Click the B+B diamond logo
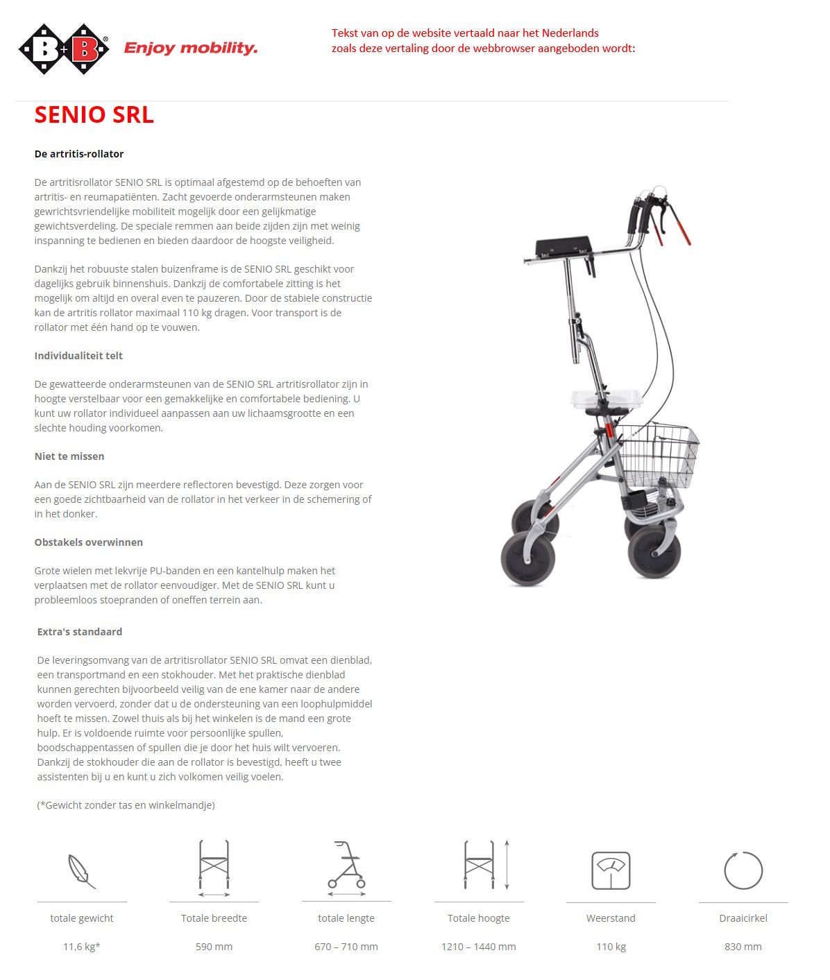point(64,49)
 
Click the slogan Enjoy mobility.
point(191,48)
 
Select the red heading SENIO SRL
point(94,115)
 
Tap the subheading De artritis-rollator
point(79,154)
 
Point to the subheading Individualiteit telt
point(78,356)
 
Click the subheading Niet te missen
point(69,456)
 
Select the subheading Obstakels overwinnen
point(89,542)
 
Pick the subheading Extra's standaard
point(80,632)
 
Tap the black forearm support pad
point(563,246)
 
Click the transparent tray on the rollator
point(606,399)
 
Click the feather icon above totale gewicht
point(82,871)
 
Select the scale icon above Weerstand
point(611,870)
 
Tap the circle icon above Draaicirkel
point(743,870)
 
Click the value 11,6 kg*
point(82,947)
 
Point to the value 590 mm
point(214,947)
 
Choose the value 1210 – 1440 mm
point(479,947)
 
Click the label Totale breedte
point(214,918)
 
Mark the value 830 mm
point(743,947)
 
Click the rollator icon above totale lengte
point(346,866)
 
